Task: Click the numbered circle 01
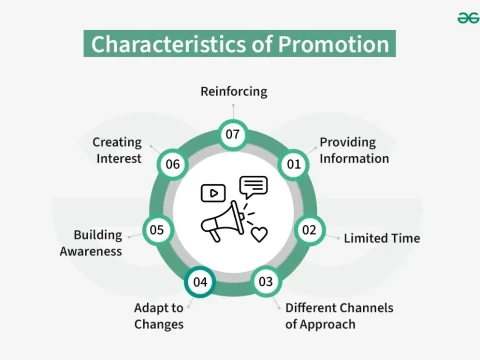tap(294, 163)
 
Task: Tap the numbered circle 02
tap(309, 230)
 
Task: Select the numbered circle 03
tap(265, 282)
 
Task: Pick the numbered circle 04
tap(200, 282)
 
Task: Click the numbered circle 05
tap(157, 230)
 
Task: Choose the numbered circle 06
tap(172, 163)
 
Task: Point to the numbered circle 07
tap(233, 134)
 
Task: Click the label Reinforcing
tap(233, 92)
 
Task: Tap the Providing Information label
tap(354, 151)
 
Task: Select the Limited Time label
tap(381, 239)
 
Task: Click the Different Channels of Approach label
tap(339, 316)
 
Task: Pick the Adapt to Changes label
tap(159, 316)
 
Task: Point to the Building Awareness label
tap(98, 243)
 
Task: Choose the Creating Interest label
tap(117, 150)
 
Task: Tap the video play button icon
tap(213, 193)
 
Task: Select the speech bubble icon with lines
tap(254, 186)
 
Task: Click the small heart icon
tap(259, 235)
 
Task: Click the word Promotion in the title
tap(334, 45)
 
